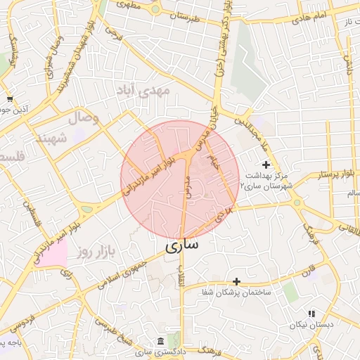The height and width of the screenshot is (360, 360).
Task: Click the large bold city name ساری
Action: tap(182, 247)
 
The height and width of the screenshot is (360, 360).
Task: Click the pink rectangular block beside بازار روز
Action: tap(53, 255)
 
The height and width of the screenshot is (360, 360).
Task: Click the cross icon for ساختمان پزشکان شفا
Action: tap(236, 281)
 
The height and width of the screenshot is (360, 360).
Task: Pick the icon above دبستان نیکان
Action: tap(311, 314)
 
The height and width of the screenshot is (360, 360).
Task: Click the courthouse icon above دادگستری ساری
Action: tap(164, 339)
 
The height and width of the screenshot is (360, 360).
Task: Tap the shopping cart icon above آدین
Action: tap(10, 99)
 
